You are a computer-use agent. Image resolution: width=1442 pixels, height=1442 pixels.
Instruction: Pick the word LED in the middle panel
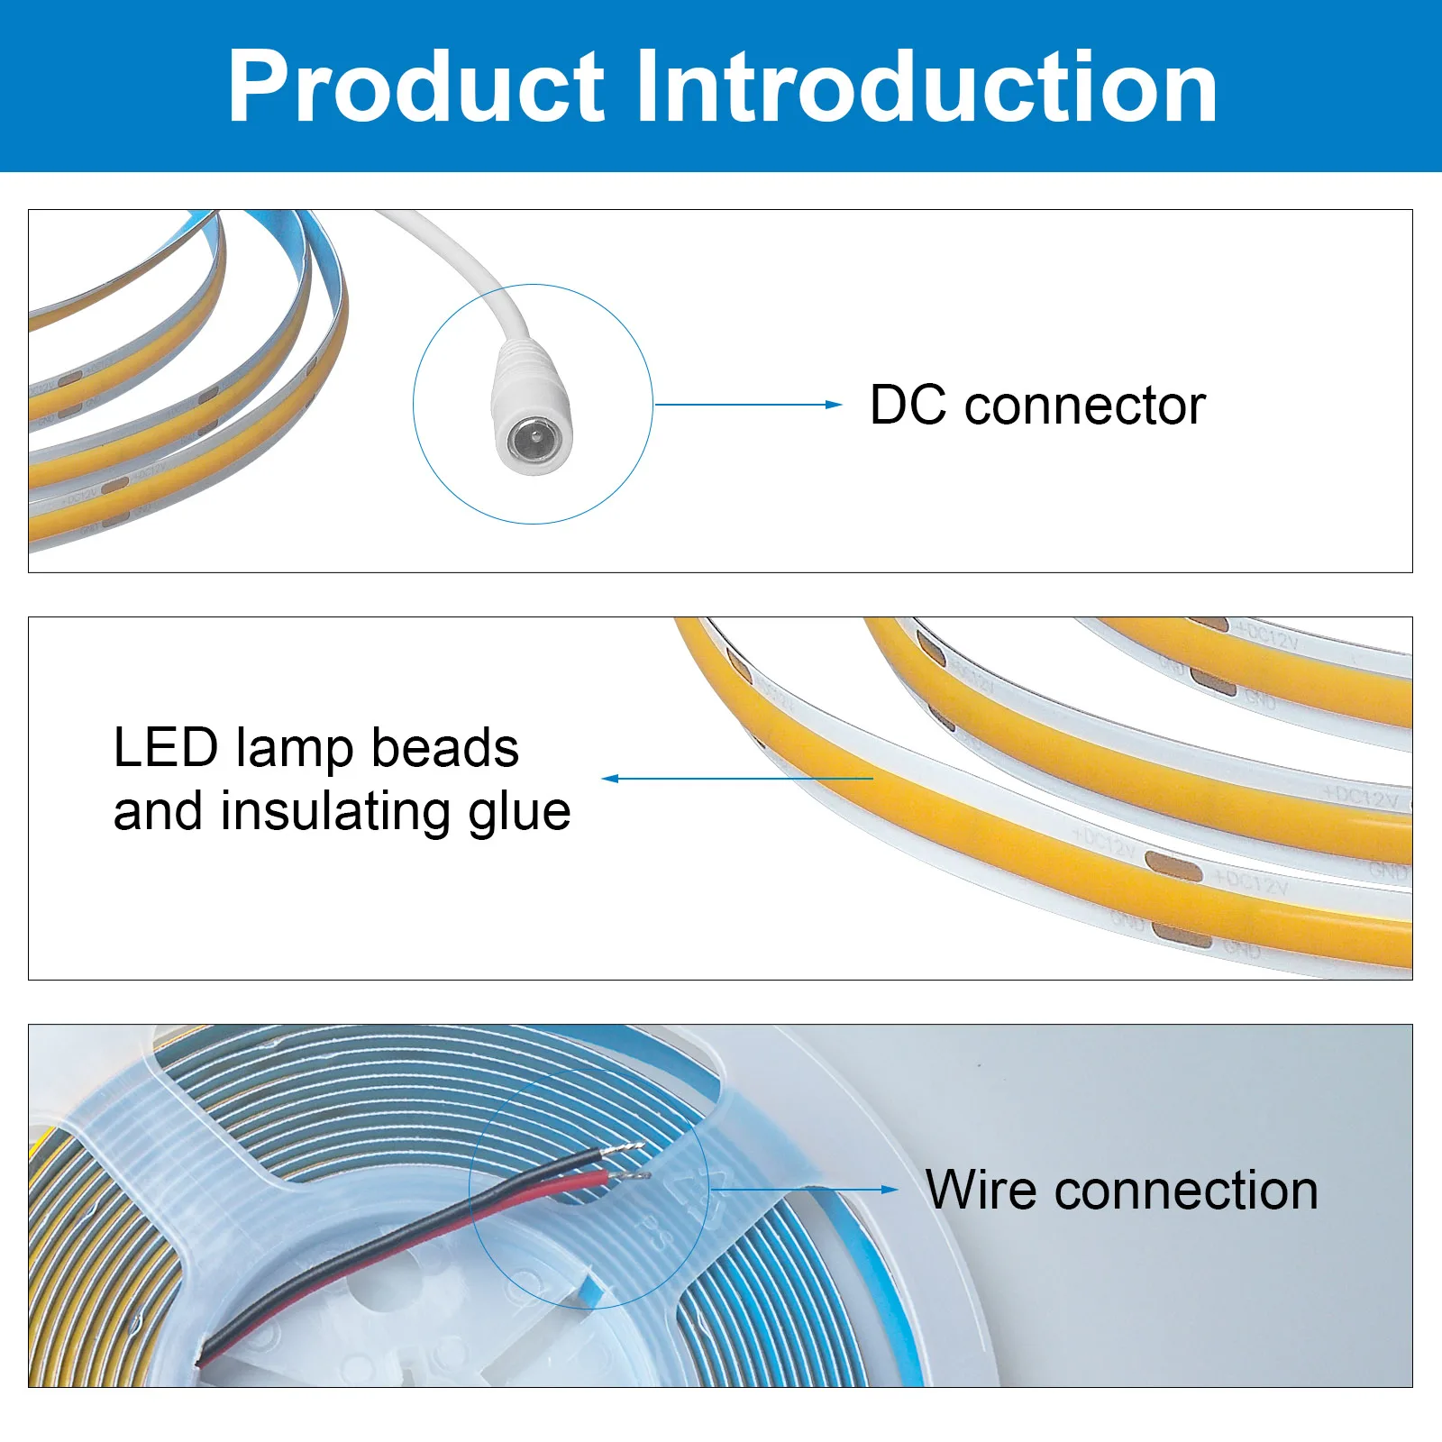166,748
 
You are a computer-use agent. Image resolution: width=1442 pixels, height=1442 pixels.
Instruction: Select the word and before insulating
158,811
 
